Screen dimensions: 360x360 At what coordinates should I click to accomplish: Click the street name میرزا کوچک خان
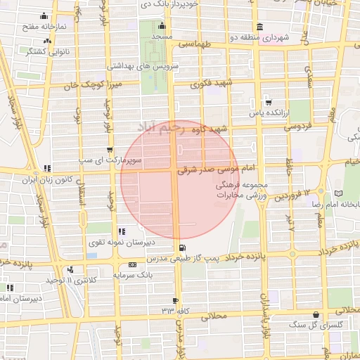point(87,85)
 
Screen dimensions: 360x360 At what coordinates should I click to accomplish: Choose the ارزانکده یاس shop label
point(267,112)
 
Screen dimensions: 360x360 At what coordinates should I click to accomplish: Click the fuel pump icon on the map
point(183,247)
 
